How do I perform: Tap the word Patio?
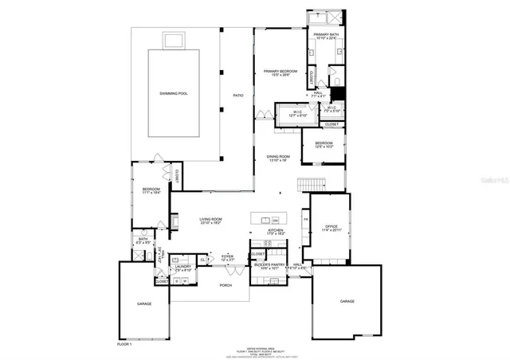point(237,95)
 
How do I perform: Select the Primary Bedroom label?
point(280,73)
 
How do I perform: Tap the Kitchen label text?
point(276,232)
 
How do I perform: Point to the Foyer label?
point(228,257)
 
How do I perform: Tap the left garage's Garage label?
point(143,303)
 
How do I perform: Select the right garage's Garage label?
point(347,301)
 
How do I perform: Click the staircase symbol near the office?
point(312,185)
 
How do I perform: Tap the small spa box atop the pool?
point(174,40)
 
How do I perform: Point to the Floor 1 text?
point(124,344)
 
